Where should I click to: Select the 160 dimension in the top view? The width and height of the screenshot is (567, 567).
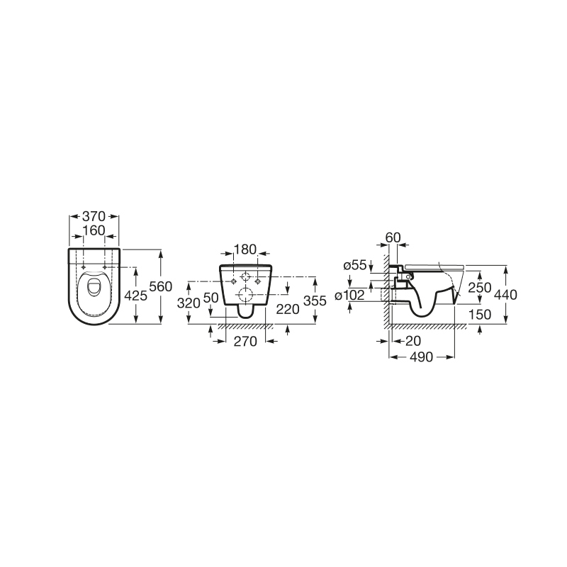pos(93,230)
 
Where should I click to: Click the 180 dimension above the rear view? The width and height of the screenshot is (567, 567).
pos(245,249)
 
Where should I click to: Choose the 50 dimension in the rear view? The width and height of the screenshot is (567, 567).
pos(211,298)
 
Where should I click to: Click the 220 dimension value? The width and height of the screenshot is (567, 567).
pos(286,308)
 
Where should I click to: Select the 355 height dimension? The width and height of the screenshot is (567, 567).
pos(315,301)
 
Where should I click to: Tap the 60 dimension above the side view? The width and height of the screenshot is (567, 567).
pos(394,237)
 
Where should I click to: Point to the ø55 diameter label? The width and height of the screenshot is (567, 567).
pos(354,265)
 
